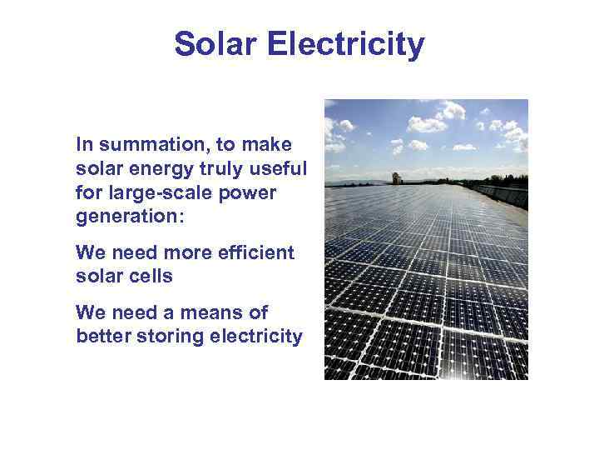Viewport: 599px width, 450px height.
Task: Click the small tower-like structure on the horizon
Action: [x=397, y=177]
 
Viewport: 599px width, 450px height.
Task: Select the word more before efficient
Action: [x=195, y=252]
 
